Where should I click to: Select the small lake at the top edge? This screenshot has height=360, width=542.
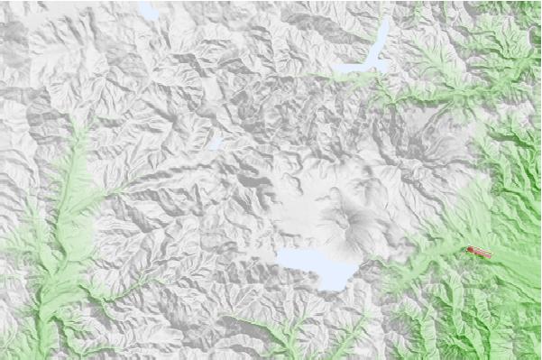[149, 12]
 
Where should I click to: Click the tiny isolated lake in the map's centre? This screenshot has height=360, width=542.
[215, 143]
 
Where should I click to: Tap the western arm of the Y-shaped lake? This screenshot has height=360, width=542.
[347, 68]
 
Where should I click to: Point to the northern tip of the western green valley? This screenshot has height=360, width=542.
[83, 126]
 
